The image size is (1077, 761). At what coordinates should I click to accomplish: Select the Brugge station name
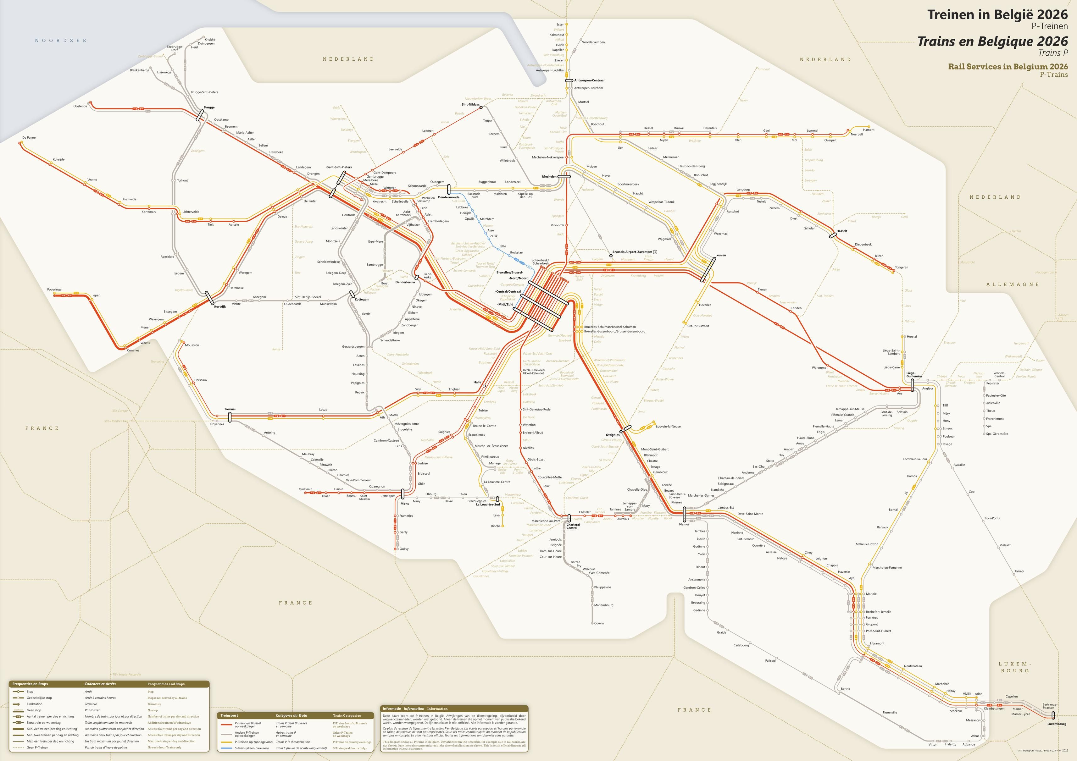click(x=209, y=108)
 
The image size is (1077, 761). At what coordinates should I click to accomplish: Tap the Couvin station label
click(x=599, y=623)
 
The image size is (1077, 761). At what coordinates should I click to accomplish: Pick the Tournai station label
click(x=230, y=409)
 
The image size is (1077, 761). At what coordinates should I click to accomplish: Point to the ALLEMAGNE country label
click(x=1012, y=284)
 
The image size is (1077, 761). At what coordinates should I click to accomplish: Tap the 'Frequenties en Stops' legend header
click(x=30, y=684)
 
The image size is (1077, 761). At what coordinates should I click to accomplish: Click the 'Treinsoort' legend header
click(x=229, y=715)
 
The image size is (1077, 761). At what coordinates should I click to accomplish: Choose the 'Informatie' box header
click(x=392, y=709)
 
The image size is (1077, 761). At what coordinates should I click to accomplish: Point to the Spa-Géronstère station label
click(x=997, y=434)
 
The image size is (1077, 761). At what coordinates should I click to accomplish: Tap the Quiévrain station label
click(x=305, y=489)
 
